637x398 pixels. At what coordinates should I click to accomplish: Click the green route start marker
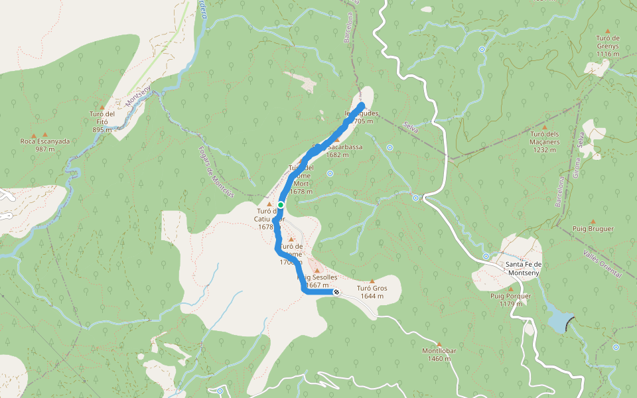[x=281, y=204]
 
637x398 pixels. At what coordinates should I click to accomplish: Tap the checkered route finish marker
[x=336, y=292]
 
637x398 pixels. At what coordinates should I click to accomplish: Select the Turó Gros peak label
[x=372, y=292]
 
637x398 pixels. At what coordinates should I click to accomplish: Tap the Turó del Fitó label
[x=102, y=117]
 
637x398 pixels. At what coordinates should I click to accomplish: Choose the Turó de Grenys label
[x=607, y=42]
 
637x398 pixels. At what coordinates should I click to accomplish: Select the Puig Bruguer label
[x=593, y=228]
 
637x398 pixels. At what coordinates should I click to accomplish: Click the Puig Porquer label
[x=510, y=299]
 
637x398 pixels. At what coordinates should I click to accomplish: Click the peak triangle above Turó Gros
[x=372, y=281]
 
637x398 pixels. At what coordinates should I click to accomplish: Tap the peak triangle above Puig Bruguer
[x=593, y=222]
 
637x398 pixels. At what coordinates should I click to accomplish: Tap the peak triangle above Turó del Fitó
[x=102, y=107]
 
